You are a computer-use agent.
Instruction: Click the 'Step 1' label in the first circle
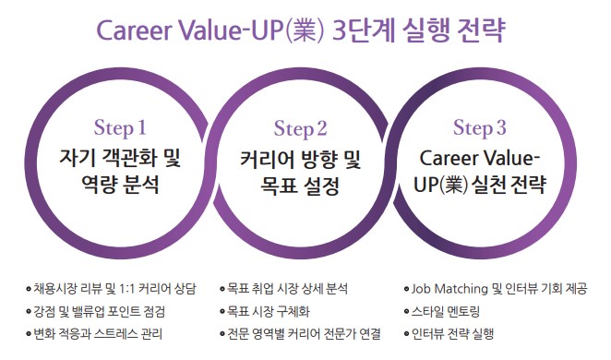[x=120, y=128]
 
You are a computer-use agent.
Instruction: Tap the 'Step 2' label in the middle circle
[x=300, y=129]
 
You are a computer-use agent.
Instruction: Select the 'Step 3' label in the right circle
[x=479, y=128]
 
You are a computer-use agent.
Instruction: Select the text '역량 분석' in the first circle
[x=120, y=185]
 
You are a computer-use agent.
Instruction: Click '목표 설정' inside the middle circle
[x=300, y=186]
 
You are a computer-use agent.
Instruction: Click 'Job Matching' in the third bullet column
[x=449, y=289]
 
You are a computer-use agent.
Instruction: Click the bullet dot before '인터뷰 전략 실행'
[x=407, y=334]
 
